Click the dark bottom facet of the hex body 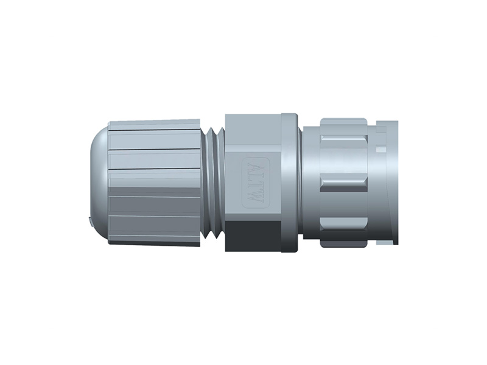(x=253, y=237)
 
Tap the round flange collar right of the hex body (x=290, y=182)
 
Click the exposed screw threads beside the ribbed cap (x=212, y=182)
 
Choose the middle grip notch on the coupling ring (x=343, y=184)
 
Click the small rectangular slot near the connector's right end (x=381, y=148)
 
